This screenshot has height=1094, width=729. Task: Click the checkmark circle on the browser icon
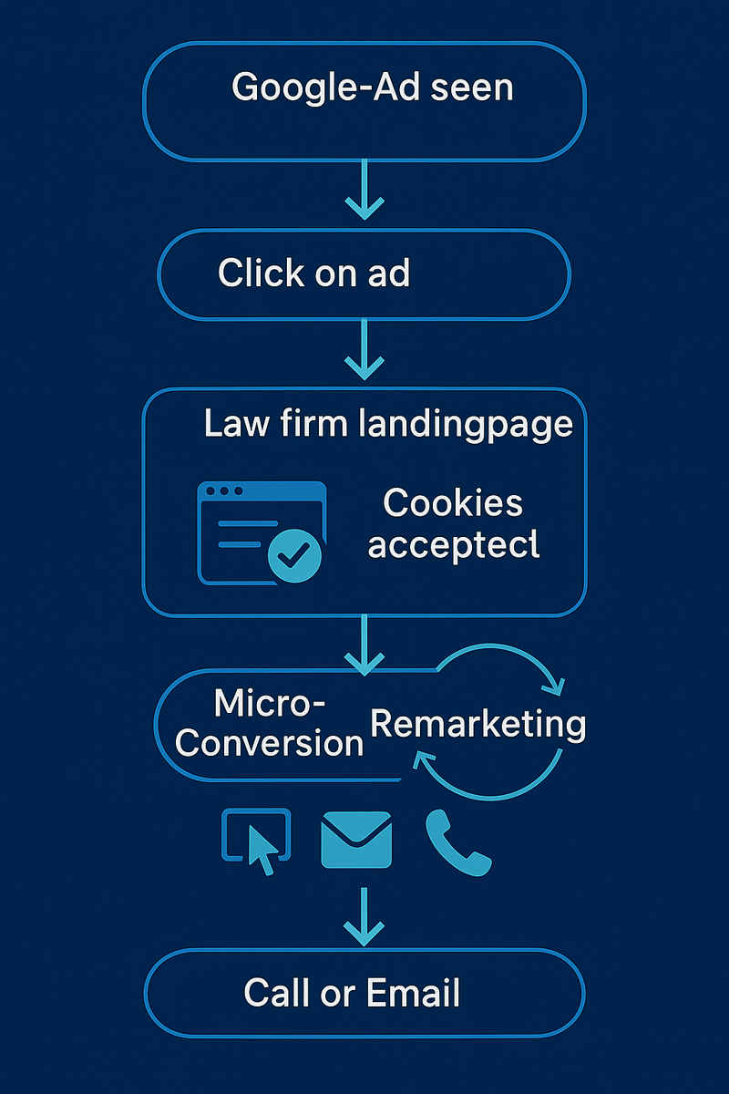click(x=294, y=553)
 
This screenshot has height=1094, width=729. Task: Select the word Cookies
click(x=453, y=502)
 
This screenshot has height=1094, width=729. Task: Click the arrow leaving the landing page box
click(x=364, y=644)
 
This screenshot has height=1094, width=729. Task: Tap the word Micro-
click(x=271, y=703)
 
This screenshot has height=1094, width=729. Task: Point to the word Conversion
click(x=270, y=742)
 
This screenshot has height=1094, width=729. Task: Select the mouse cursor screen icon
click(x=257, y=841)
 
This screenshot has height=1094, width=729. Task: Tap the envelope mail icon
click(x=356, y=840)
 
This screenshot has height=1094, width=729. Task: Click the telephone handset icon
click(x=457, y=842)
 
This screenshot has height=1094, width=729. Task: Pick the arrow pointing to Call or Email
click(x=364, y=917)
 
